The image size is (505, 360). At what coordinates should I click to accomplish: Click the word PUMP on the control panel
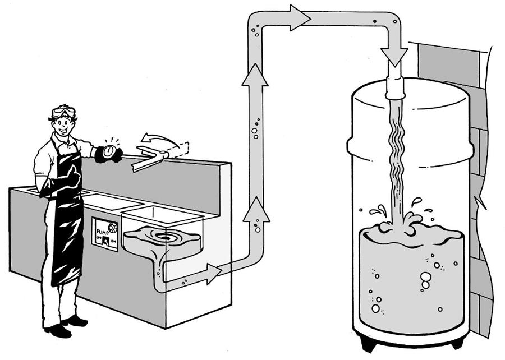click(x=103, y=230)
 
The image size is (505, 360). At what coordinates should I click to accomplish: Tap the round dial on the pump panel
click(x=113, y=227)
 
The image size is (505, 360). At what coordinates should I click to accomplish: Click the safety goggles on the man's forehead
click(x=63, y=112)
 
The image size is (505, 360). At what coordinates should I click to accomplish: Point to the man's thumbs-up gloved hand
click(x=72, y=178)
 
